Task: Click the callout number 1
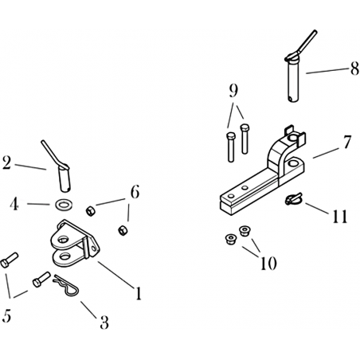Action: point(138,293)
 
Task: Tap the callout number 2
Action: point(6,162)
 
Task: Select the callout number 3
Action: point(104,322)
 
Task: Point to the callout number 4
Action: point(14,204)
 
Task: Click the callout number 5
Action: point(6,315)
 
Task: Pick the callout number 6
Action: point(135,191)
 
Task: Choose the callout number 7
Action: point(347,142)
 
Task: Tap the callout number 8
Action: point(354,68)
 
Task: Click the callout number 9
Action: point(233,91)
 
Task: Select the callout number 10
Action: point(268,263)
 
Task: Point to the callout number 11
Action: point(339,216)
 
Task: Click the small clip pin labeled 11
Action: point(293,199)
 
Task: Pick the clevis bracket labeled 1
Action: point(75,244)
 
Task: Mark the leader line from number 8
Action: point(327,71)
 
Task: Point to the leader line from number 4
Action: point(38,204)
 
